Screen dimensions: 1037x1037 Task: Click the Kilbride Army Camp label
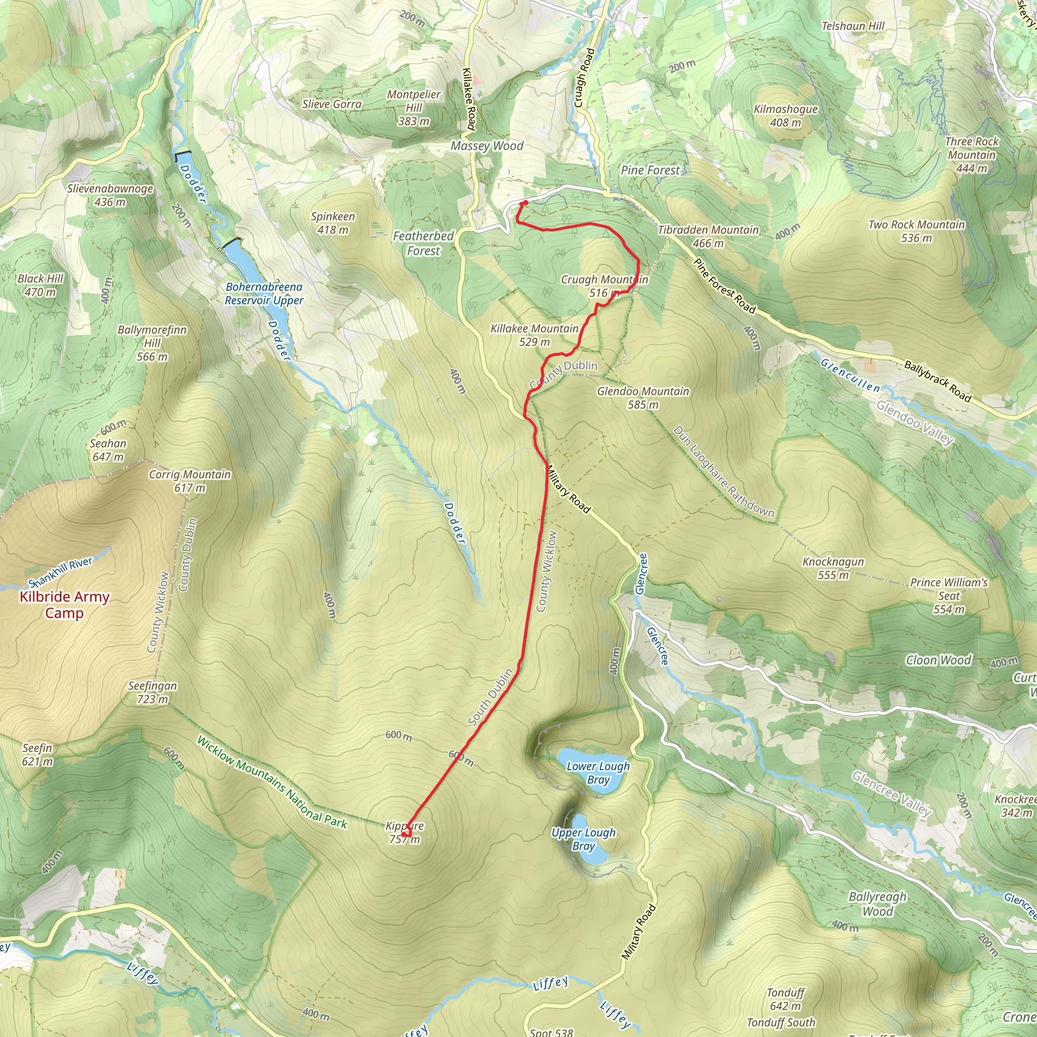(x=64, y=605)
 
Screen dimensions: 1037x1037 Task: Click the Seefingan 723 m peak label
(x=152, y=692)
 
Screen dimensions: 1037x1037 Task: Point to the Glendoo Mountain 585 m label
(x=643, y=397)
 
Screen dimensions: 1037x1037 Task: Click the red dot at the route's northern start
(x=526, y=203)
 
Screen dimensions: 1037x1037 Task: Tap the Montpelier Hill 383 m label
(x=413, y=107)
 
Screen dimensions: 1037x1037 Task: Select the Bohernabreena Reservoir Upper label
(x=263, y=293)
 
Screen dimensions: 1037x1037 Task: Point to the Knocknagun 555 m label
(x=832, y=568)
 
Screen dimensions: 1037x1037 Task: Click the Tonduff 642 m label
(x=785, y=999)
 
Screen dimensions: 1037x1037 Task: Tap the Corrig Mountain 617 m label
(x=189, y=481)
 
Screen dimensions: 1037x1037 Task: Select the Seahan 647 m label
(x=108, y=449)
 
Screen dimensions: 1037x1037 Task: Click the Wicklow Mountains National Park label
(x=271, y=782)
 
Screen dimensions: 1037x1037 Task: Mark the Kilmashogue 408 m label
(x=785, y=115)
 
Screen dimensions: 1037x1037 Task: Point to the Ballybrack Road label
(x=937, y=382)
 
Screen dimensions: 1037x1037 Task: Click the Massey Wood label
(x=487, y=145)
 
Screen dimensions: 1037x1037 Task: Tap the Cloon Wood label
(x=938, y=660)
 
